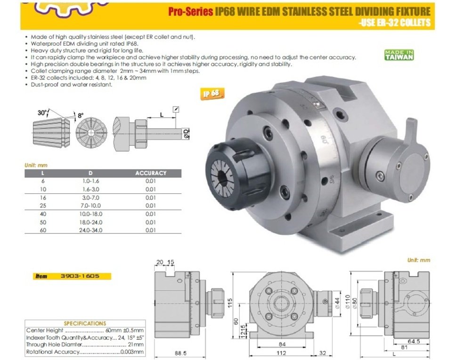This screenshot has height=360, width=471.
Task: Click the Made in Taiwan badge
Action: [399, 55]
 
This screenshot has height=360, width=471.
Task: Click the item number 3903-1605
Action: [80, 276]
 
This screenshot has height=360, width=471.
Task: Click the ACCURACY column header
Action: [151, 173]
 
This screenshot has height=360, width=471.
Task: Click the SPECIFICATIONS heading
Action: [85, 324]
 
